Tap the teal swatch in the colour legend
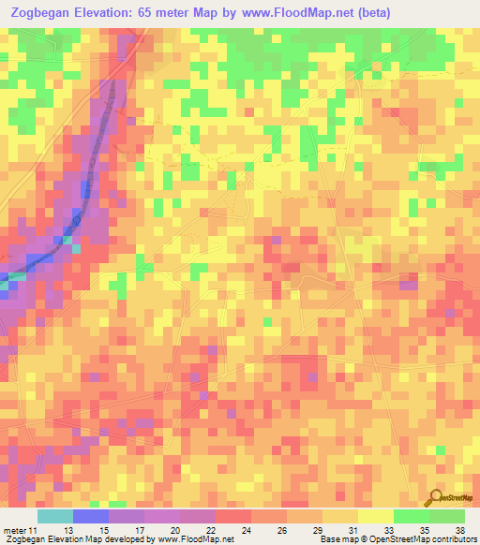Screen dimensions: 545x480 tap(55, 517)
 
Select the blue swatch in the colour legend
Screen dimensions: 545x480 tap(91, 517)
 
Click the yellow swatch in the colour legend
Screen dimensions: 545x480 tap(376, 517)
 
